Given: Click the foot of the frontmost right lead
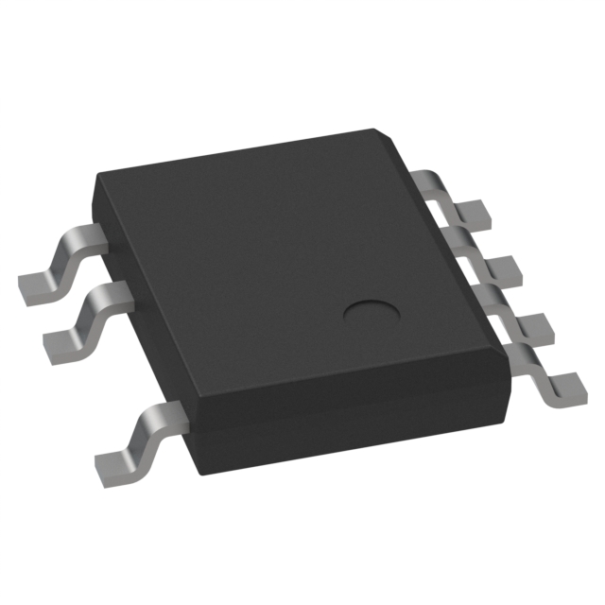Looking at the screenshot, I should point(565,385).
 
